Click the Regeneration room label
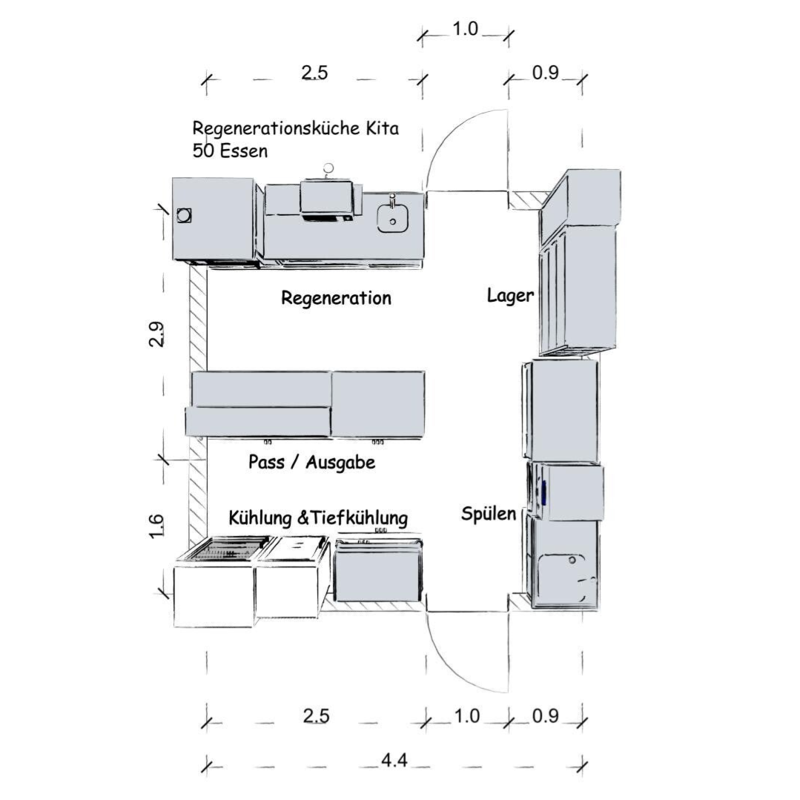point(336,298)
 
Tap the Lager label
point(510,295)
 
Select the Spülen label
point(489,514)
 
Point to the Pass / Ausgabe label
point(311,462)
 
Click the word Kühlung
point(259,518)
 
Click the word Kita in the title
point(382,128)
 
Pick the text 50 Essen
point(230,151)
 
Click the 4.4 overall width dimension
point(394,761)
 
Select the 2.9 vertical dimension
point(156,334)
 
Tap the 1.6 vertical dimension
point(156,526)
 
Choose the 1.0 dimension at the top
point(466,29)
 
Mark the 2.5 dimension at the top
point(314,73)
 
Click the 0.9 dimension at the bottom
point(546,716)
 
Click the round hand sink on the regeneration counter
point(392,219)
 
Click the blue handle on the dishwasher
point(544,492)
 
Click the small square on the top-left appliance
point(184,215)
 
